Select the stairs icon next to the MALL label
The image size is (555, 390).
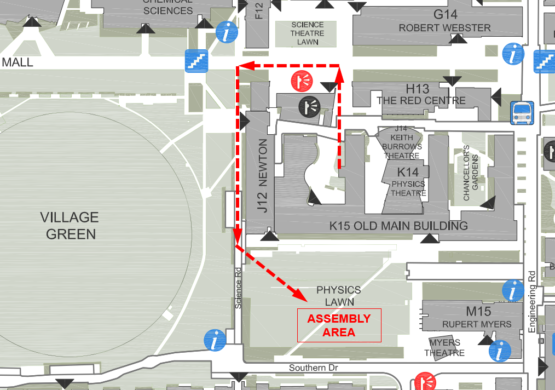point(196,60)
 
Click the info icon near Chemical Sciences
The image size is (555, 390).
point(227,32)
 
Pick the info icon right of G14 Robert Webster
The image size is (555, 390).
point(513,54)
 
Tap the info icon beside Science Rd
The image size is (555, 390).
point(215,340)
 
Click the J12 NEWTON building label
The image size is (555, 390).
point(263,176)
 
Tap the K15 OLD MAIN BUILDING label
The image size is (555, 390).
point(398,226)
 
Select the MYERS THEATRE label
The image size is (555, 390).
point(444,348)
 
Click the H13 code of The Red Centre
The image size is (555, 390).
point(417,89)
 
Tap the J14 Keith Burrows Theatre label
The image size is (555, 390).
point(402,142)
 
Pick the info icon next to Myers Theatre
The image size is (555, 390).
point(499,351)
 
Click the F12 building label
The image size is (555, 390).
point(259,10)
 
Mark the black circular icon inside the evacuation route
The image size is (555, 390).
point(310,105)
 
